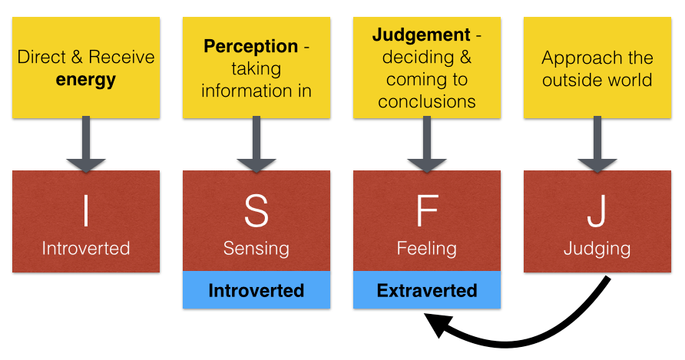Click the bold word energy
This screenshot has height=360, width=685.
(x=86, y=80)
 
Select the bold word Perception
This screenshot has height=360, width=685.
(x=251, y=46)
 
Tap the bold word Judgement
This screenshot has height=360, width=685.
(x=421, y=35)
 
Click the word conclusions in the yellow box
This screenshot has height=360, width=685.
(x=427, y=101)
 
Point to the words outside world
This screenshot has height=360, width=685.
(x=597, y=80)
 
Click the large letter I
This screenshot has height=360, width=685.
(x=86, y=211)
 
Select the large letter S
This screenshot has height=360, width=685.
(x=256, y=211)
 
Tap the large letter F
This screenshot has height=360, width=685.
(x=427, y=211)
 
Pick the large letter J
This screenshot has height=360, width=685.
(x=597, y=211)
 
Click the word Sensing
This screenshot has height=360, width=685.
(x=256, y=249)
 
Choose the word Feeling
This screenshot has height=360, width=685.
(x=427, y=249)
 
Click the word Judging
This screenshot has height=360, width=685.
(x=597, y=249)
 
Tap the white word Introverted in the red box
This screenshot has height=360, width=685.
(x=86, y=248)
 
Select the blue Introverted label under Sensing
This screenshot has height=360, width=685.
(x=256, y=290)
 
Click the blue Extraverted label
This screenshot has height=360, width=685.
(x=427, y=290)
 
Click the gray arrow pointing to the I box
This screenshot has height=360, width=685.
(x=86, y=144)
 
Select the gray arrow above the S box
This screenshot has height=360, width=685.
(x=256, y=144)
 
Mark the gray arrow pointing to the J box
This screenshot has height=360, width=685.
(x=597, y=144)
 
